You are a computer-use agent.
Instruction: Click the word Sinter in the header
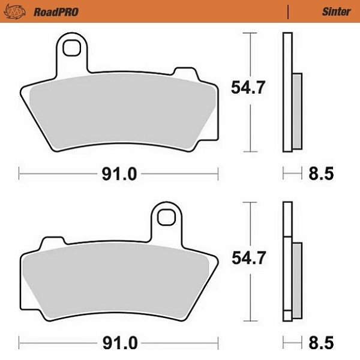point(332,11)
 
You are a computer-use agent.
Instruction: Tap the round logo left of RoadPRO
point(19,11)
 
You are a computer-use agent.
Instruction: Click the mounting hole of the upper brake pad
point(73,46)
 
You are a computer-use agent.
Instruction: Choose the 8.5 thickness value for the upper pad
point(320,175)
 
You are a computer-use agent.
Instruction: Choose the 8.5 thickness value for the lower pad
point(320,344)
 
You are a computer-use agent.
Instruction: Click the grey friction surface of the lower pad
point(120,279)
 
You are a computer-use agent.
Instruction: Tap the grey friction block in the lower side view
point(297,279)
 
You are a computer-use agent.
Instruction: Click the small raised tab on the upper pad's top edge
point(181,72)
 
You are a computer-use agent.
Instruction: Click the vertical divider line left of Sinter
point(289,11)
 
